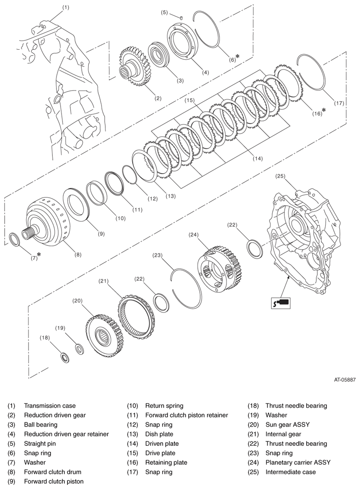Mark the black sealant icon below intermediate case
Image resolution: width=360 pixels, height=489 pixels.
coord(281,303)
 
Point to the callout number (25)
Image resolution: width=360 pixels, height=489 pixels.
coord(281,176)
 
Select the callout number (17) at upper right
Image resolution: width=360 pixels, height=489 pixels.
coord(338,103)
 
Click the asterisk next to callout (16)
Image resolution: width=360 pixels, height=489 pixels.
coord(324,110)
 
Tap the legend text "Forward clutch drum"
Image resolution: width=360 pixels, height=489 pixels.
coord(52,472)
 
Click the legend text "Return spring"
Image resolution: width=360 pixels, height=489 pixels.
coord(164,406)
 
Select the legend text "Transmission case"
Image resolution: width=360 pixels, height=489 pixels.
coord(50,406)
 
